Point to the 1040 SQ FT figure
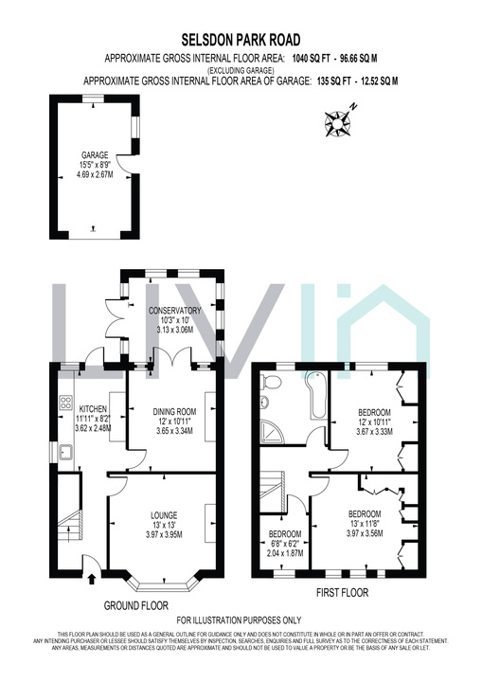313,58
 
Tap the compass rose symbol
337,122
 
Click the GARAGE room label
95,154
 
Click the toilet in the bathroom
273,382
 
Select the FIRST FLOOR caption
341,593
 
